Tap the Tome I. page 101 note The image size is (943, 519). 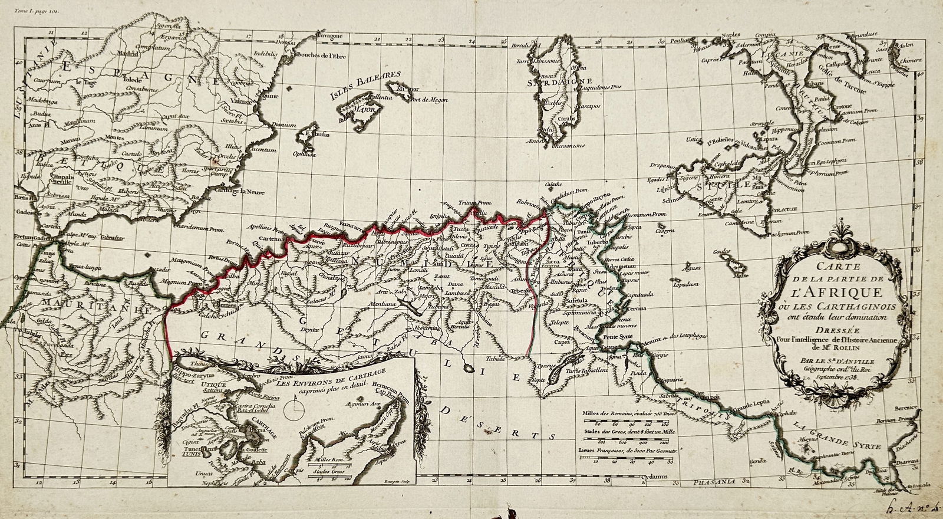pyautogui.click(x=38, y=10)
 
